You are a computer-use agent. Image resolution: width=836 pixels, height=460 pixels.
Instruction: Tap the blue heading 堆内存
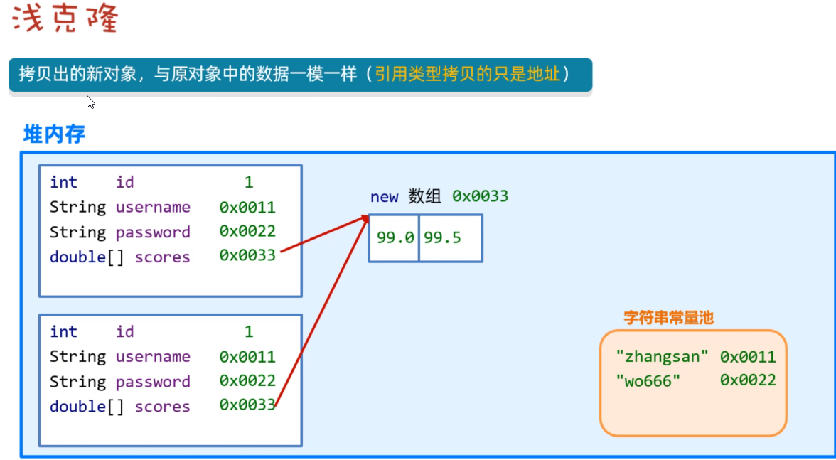tap(54, 134)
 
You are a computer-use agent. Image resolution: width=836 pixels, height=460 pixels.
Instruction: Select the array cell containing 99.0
tap(395, 238)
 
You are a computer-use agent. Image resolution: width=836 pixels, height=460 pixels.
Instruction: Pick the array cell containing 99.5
tap(443, 238)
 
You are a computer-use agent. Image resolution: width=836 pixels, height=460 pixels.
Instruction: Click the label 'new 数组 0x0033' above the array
tap(439, 196)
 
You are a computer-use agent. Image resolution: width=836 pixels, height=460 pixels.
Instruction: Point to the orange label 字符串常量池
tap(668, 318)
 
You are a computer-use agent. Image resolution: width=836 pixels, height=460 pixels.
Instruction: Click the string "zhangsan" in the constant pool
tap(663, 357)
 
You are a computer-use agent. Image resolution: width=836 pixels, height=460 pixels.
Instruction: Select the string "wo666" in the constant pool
tap(648, 380)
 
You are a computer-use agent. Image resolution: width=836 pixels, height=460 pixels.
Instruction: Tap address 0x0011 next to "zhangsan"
tap(748, 357)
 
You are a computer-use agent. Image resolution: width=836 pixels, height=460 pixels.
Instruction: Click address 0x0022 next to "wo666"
tap(748, 380)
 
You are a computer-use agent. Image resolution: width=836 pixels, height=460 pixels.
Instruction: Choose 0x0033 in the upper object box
tap(247, 255)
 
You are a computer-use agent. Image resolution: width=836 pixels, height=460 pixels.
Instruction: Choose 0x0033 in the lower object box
tap(247, 405)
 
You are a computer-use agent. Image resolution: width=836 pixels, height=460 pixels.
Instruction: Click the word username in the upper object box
tap(153, 208)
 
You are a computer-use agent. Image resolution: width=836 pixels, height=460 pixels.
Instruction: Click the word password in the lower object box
tap(153, 382)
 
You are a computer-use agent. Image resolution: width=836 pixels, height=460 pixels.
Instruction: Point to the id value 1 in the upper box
tap(249, 183)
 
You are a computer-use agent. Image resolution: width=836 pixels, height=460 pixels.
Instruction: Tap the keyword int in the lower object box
tap(63, 332)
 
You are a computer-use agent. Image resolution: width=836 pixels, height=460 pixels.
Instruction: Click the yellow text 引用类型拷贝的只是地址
tap(468, 74)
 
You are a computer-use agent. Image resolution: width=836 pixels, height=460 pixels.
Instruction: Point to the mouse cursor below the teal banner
tap(90, 102)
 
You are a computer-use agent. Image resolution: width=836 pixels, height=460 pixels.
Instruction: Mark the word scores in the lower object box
tap(162, 407)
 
